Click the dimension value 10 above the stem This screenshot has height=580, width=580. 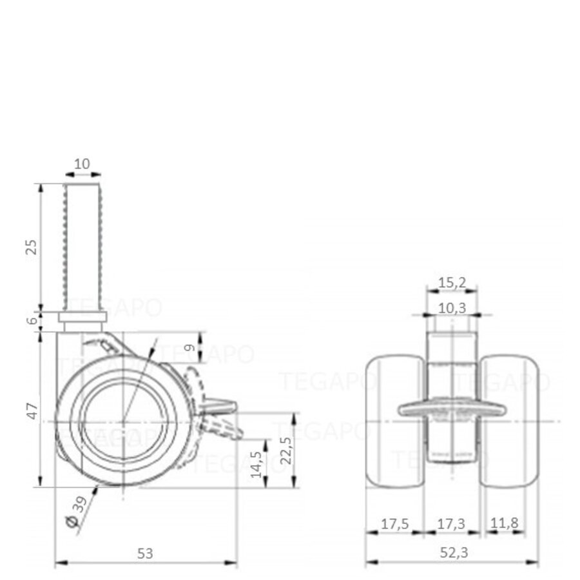click(82, 164)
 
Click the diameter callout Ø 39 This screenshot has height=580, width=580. click(77, 515)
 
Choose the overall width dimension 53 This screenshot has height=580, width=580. click(145, 552)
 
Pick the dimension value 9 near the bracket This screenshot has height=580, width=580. click(189, 348)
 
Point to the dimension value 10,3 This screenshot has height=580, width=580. click(452, 308)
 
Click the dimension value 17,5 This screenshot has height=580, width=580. click(394, 523)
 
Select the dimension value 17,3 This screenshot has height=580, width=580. click(452, 523)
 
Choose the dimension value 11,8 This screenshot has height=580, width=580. click(504, 523)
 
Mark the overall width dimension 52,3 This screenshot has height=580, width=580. click(452, 552)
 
